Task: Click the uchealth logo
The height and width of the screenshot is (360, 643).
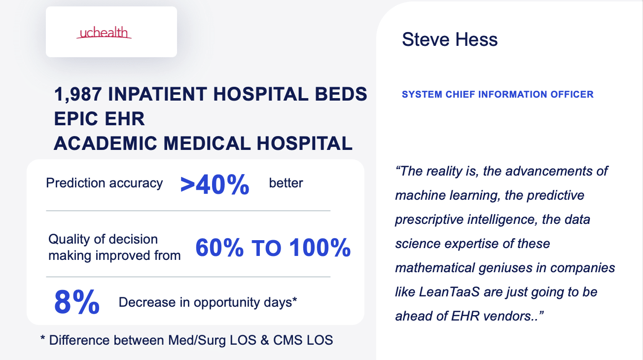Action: pos(104,33)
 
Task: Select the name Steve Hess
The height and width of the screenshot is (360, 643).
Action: pos(450,39)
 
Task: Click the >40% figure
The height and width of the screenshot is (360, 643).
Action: pos(214,185)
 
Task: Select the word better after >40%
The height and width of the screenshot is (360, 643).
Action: pos(286,183)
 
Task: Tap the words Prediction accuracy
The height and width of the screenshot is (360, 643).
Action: pos(104,183)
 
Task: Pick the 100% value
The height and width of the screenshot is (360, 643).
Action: pos(320,248)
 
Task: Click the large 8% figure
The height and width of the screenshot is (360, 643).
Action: pos(77,302)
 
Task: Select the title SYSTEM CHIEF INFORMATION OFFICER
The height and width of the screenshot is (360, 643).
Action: pos(498,94)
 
